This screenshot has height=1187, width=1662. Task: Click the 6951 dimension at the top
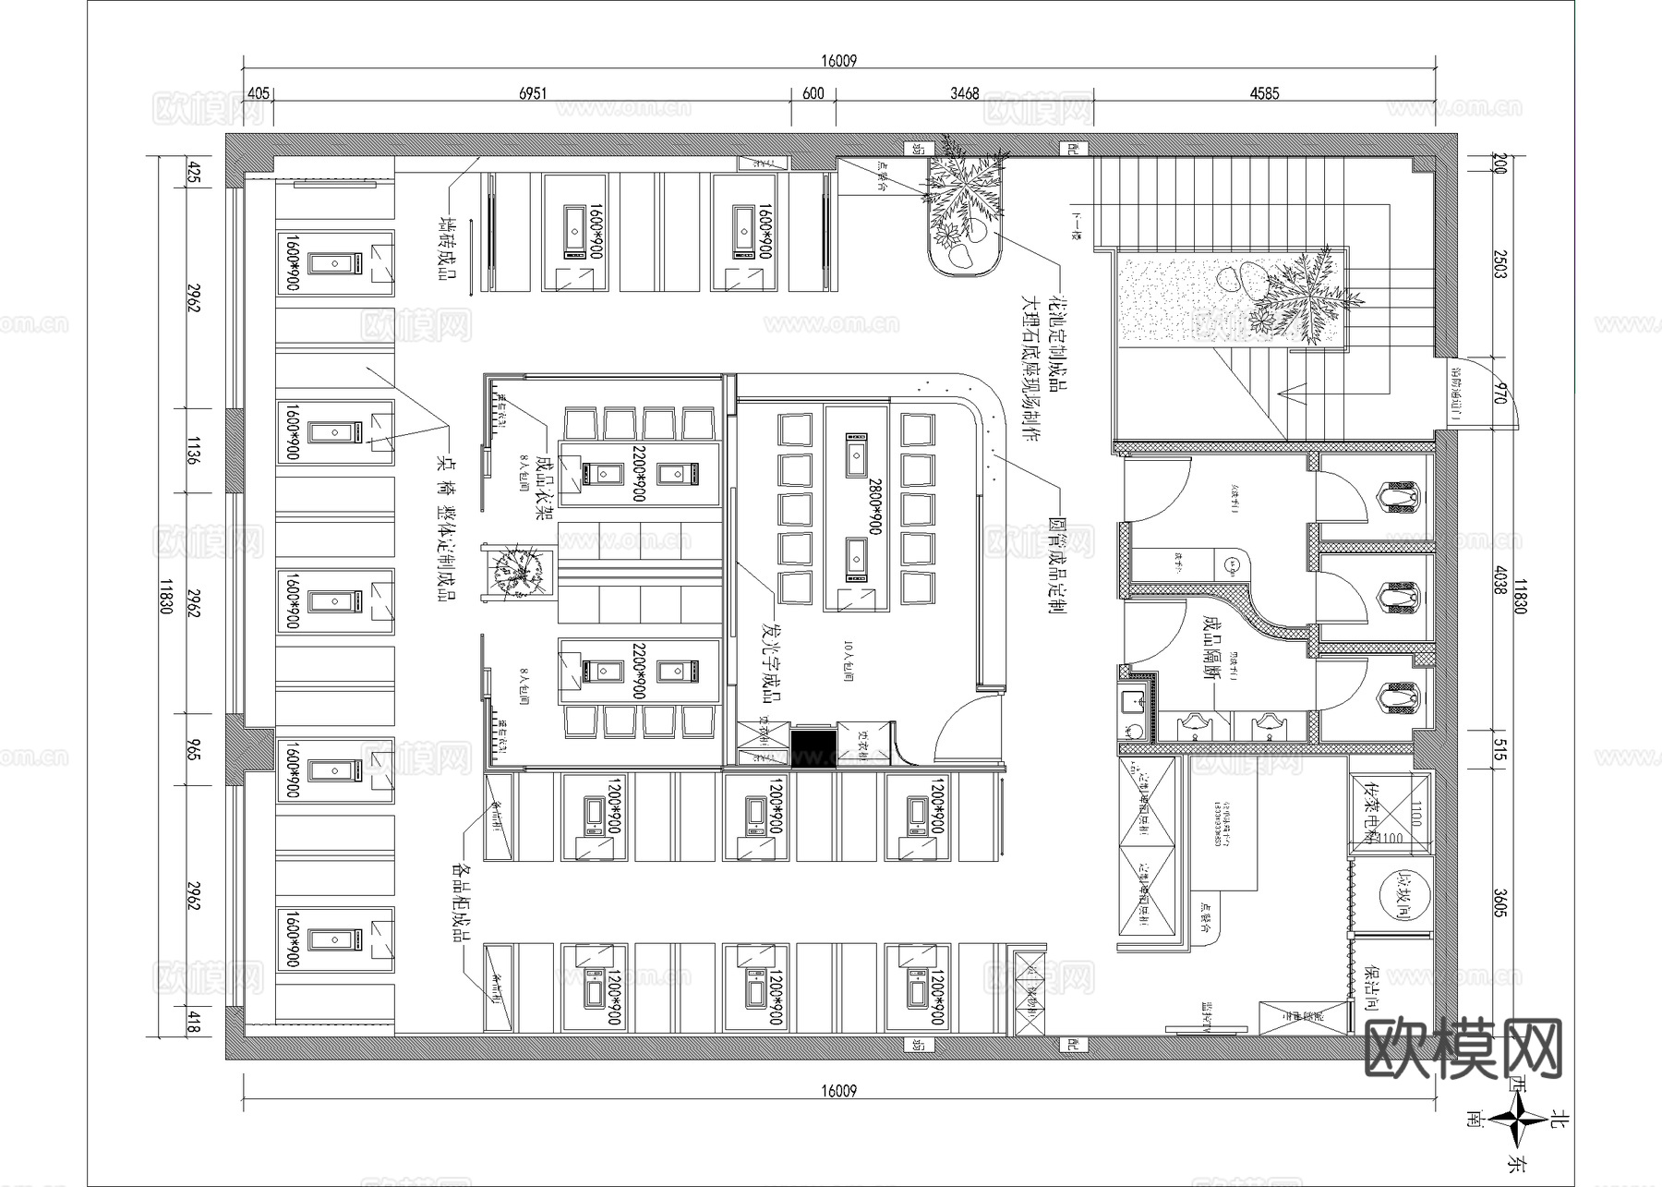(533, 94)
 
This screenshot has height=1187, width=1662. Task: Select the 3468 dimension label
(964, 94)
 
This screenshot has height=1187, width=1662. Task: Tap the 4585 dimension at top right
(1264, 94)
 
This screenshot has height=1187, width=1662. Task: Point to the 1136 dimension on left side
(192, 451)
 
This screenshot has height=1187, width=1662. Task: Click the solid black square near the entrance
(813, 745)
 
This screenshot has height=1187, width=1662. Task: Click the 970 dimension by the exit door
(1499, 392)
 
